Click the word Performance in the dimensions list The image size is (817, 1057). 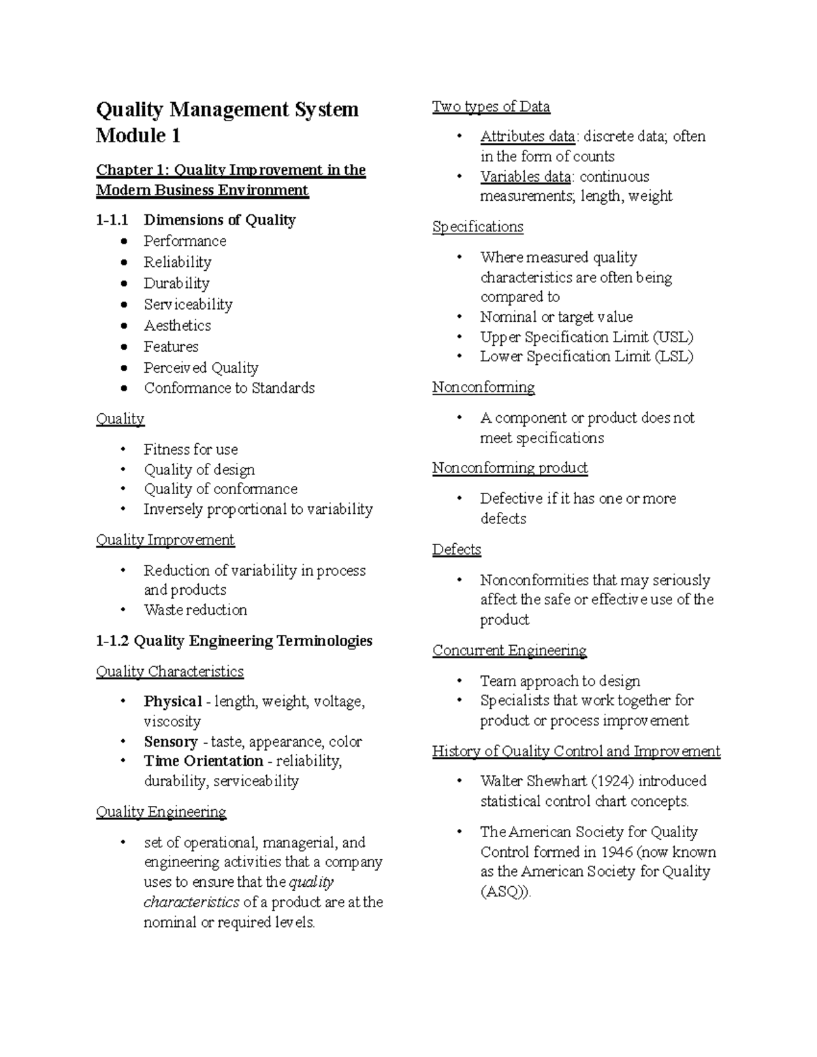coord(185,241)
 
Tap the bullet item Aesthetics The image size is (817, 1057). coord(177,325)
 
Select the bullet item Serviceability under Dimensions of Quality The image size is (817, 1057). coord(188,304)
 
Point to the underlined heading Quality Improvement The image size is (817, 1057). coord(165,540)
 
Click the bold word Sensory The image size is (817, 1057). coord(170,741)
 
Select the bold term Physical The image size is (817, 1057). coord(173,701)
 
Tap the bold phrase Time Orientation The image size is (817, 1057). coord(204,761)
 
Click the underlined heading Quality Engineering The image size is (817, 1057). coord(161,811)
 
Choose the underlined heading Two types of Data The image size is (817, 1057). coord(491,106)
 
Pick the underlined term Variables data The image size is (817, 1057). coord(525,176)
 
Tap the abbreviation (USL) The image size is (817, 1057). coord(673,337)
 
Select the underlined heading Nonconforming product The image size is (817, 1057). coord(510,468)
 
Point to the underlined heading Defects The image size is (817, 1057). coord(456,549)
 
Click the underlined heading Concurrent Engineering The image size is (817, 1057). coord(509,650)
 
